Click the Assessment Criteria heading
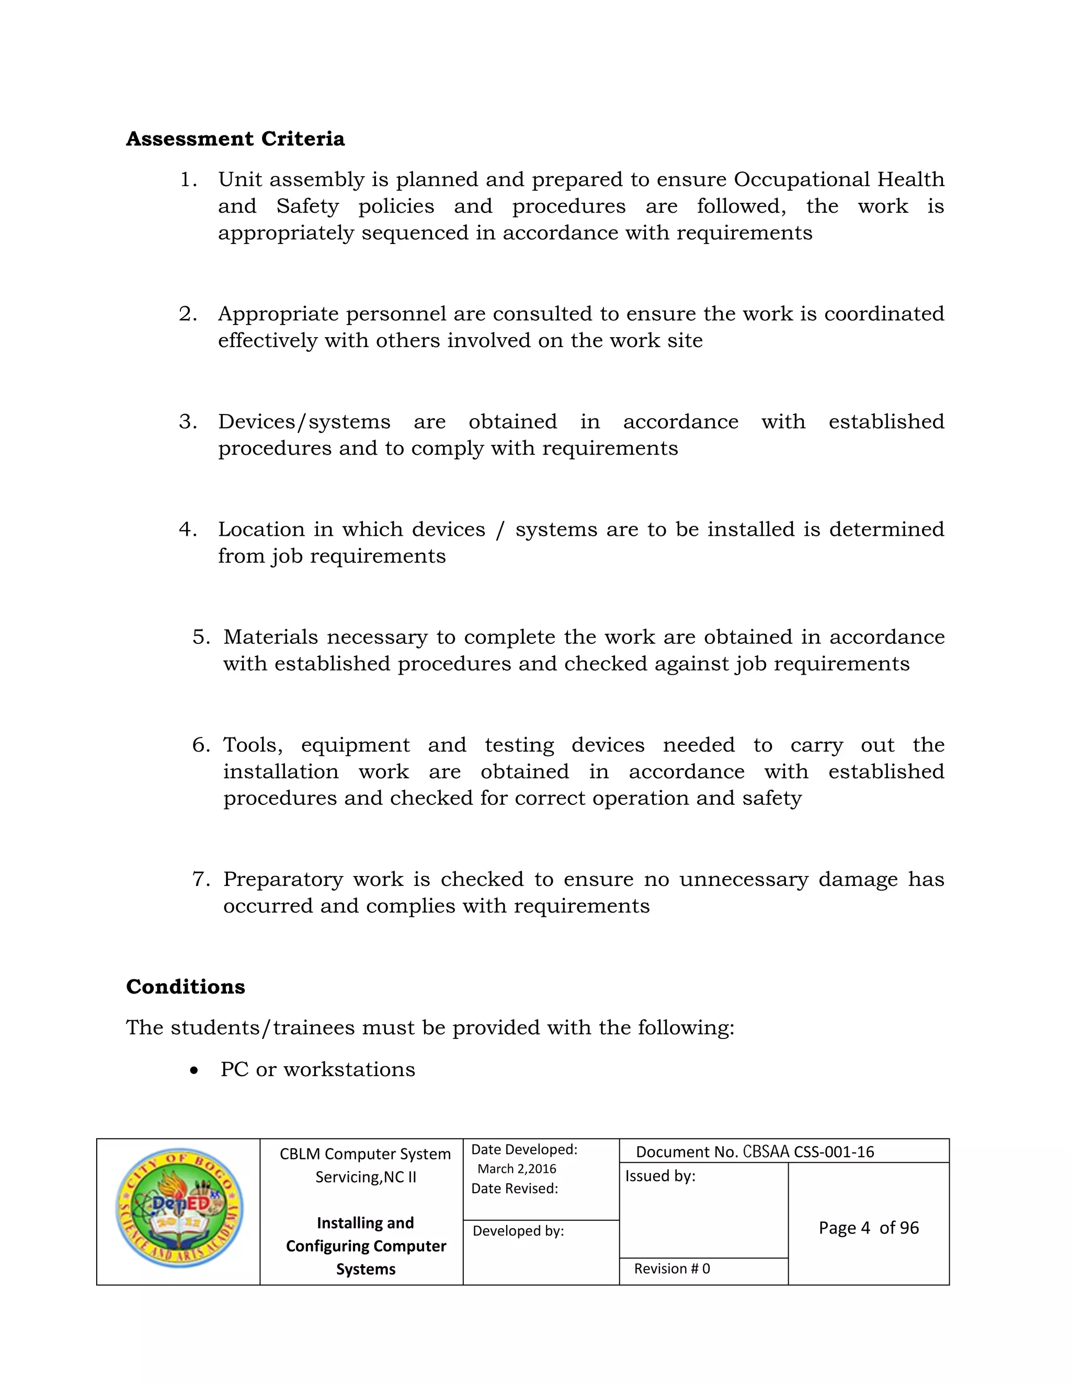235,139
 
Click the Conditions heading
185,987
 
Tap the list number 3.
187,422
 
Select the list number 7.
200,879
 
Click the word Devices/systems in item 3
304,422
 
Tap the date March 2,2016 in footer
517,1169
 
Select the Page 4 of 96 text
868,1228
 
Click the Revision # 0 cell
671,1268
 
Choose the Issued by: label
660,1176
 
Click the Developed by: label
518,1231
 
